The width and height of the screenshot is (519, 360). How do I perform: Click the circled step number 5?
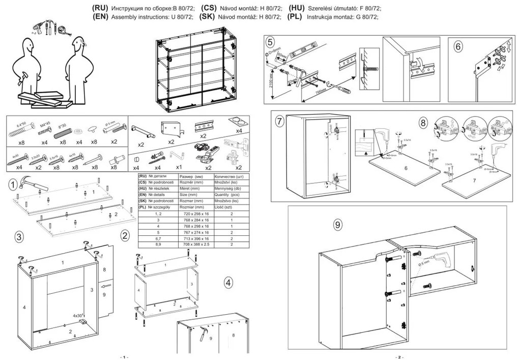point(270,42)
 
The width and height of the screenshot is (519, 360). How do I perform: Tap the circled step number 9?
point(337,225)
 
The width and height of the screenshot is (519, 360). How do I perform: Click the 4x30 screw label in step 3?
point(78,315)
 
